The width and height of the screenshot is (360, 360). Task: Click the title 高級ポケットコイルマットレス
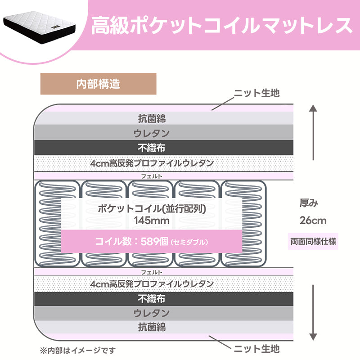221,26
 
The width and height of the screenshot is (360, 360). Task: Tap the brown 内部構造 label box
98,84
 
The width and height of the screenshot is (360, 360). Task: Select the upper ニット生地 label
256,93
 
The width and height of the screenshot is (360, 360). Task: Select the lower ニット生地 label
256,348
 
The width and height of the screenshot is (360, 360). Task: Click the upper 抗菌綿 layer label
152,119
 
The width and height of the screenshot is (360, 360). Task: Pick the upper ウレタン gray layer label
152,133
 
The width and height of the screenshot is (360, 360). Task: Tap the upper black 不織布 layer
152,147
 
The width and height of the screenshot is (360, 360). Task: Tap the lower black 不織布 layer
152,298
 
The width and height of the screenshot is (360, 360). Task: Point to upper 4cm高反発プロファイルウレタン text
152,163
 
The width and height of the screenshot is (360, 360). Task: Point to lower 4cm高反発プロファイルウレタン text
152,284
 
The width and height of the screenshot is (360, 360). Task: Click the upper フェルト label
152,176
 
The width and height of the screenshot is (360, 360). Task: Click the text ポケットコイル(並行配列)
152,209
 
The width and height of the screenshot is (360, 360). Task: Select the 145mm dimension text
152,220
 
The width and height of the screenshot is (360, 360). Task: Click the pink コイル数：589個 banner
152,241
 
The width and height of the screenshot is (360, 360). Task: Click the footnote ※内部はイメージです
77,350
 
